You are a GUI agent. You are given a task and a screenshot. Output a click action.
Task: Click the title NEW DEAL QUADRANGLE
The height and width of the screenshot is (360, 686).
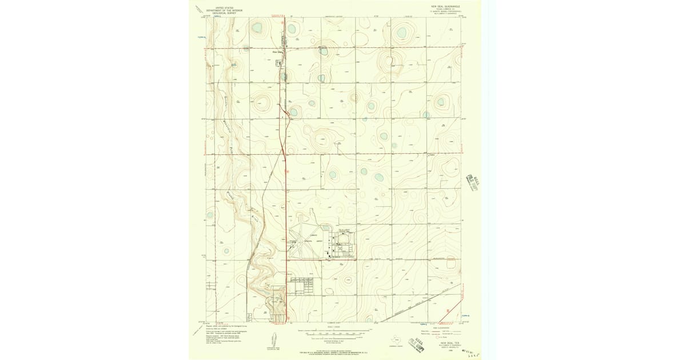445,6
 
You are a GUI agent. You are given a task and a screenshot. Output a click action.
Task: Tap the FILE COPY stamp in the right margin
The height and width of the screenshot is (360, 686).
473,181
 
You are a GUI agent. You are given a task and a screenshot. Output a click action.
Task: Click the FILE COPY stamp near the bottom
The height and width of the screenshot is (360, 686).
424,341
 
